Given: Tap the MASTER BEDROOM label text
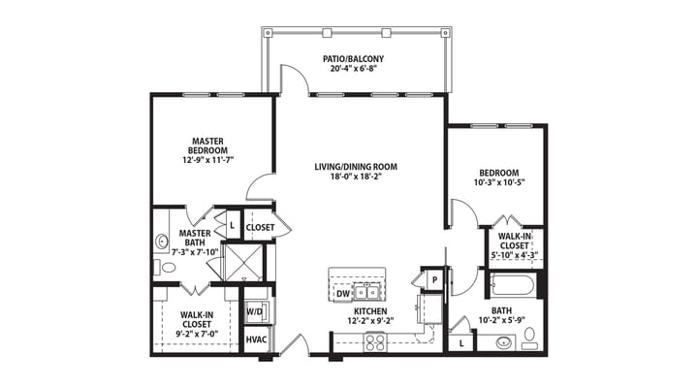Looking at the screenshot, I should tap(208, 145).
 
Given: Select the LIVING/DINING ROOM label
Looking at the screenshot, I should tap(355, 167).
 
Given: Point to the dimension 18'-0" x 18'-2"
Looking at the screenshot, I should tap(355, 178).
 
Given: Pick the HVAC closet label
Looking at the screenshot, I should tap(256, 340).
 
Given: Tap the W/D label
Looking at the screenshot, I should tap(254, 311).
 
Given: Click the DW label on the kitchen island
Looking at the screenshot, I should tap(342, 291).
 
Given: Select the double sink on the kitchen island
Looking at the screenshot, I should tap(366, 290).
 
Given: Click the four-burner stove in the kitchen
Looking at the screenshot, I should tap(374, 340).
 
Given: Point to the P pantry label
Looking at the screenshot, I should tap(435, 278).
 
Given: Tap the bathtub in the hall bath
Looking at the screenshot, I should tap(511, 286).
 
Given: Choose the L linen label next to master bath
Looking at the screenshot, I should tap(233, 225).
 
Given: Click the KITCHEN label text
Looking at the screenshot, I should tap(371, 310).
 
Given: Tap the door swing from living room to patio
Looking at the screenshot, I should tap(295, 81).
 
